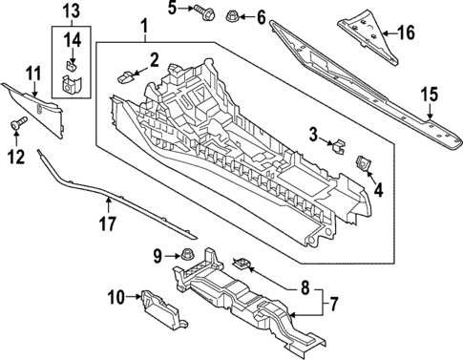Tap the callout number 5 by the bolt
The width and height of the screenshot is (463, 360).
173,11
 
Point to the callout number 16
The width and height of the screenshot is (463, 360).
407,33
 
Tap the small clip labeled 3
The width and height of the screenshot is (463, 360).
336,146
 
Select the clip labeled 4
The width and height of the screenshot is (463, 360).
364,164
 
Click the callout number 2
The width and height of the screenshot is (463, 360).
154,62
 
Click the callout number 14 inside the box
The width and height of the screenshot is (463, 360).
73,39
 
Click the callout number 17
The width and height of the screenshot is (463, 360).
108,225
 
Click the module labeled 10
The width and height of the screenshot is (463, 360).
155,301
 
